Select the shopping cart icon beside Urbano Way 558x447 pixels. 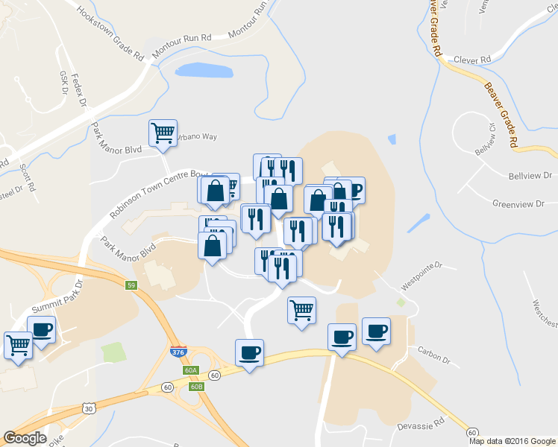click(163, 134)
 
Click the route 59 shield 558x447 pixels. click(131, 285)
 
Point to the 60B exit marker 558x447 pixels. click(197, 387)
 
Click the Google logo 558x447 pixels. click(25, 438)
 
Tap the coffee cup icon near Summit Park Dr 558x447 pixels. click(41, 329)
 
